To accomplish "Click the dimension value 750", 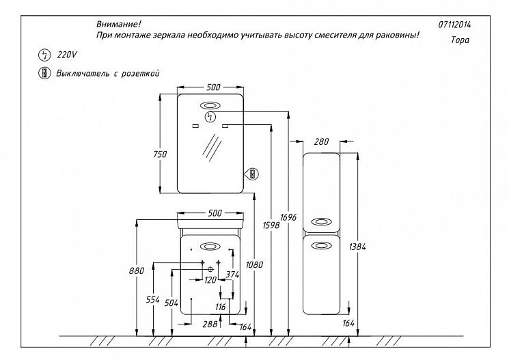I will [160, 154].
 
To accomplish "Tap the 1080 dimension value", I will [257, 264].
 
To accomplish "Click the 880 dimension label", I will [137, 271].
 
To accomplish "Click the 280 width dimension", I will [321, 142].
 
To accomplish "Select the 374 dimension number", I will [234, 274].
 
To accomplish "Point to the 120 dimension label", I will [210, 280].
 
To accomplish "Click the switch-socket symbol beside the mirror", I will [251, 174].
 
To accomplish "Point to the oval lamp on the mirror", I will [210, 106].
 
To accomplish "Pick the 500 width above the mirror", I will [212, 87].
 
